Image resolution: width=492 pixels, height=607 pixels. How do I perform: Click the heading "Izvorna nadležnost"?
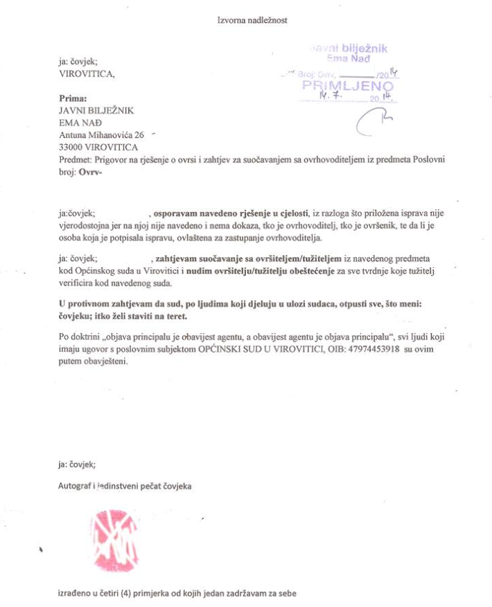(x=252, y=20)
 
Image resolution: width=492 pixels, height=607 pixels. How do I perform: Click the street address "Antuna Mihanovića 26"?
(x=102, y=134)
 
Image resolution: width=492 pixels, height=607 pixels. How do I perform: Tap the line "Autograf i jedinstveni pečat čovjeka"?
(x=125, y=486)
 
